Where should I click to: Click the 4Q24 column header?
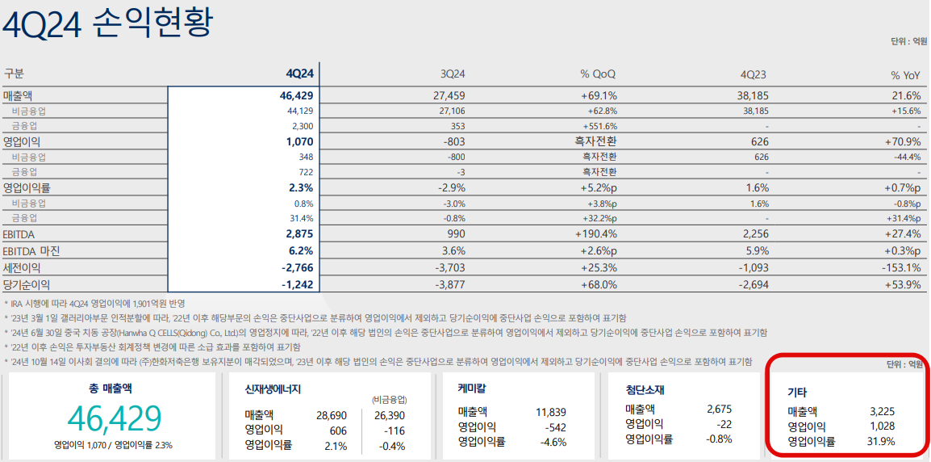[299, 74]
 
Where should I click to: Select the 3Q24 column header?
[453, 74]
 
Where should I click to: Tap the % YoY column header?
[905, 74]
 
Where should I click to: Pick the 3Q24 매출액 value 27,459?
[450, 95]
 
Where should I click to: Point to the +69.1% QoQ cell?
[599, 95]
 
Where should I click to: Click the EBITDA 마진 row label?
[31, 250]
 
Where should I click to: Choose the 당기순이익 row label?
[27, 284]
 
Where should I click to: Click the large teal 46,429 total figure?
[115, 418]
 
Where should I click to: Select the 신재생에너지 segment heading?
[273, 388]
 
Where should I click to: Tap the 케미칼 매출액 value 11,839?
[551, 412]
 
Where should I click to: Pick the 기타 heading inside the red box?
[797, 392]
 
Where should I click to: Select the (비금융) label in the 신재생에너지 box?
[389, 399]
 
